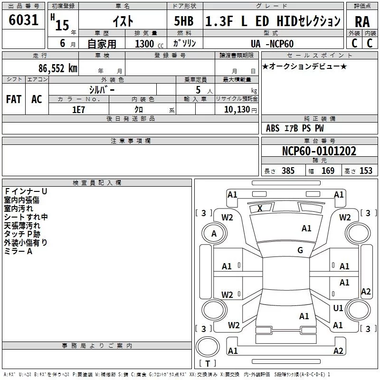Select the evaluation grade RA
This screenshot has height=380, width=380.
click(x=362, y=21)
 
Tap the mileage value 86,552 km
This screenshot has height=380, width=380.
click(x=58, y=68)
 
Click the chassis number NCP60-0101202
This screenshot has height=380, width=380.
click(x=319, y=151)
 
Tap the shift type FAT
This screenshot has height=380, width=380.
click(x=14, y=99)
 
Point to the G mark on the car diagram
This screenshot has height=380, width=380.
click(x=300, y=250)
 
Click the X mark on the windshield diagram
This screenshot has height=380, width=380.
click(x=260, y=208)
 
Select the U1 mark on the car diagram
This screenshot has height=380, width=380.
click(x=338, y=308)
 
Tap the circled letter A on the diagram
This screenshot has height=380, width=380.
click(x=214, y=233)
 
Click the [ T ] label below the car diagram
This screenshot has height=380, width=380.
click(x=208, y=364)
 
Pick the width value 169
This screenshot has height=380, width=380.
click(x=328, y=171)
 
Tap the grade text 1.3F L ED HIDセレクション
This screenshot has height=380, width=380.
click(x=273, y=21)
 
